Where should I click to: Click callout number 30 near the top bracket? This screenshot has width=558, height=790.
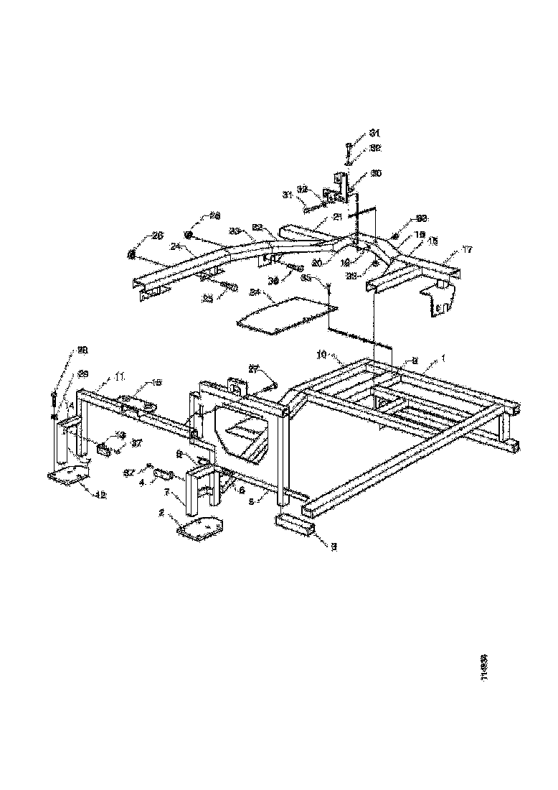pyautogui.click(x=376, y=174)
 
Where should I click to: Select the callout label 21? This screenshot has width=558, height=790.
pyautogui.click(x=336, y=218)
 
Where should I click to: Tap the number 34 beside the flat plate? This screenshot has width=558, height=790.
pyautogui.click(x=255, y=292)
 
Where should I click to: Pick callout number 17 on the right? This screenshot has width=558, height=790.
pyautogui.click(x=467, y=250)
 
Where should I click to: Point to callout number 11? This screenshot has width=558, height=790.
pyautogui.click(x=119, y=376)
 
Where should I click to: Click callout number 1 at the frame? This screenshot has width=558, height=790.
pyautogui.click(x=443, y=357)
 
